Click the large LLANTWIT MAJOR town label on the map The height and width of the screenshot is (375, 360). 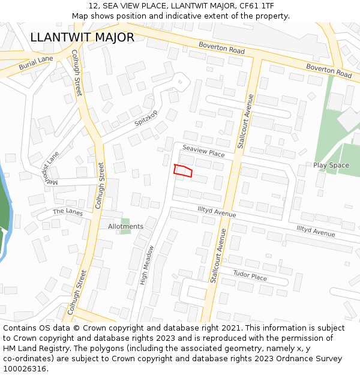pyautogui.click(x=82, y=37)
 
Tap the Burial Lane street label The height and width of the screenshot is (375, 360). pyautogui.click(x=36, y=62)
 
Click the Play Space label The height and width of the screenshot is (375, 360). pyautogui.click(x=331, y=165)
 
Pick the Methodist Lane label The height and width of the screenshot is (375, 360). pyautogui.click(x=51, y=170)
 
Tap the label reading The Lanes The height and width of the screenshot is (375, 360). pyautogui.click(x=67, y=212)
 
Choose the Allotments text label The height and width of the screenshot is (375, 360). pyautogui.click(x=125, y=226)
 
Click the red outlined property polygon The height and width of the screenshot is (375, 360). pyautogui.click(x=183, y=171)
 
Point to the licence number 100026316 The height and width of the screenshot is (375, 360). pyautogui.click(x=26, y=368)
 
